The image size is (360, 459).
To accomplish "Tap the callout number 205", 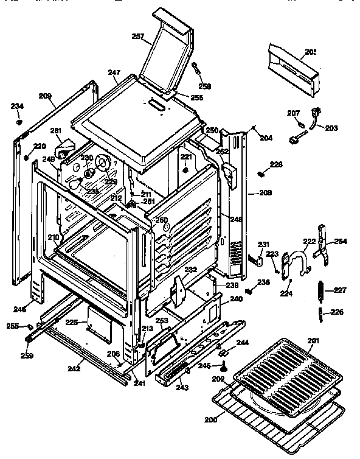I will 310,52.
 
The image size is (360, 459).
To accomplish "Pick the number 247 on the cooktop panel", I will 114,73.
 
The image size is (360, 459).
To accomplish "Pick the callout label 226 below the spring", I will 336,313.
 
